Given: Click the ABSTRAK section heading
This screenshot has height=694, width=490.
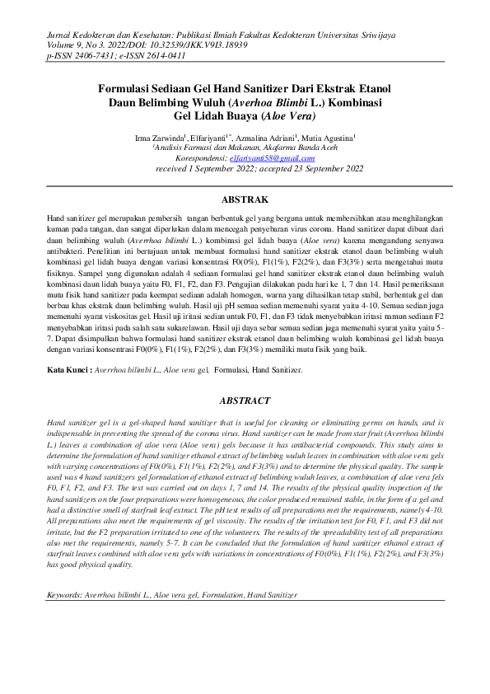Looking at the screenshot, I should [246, 200].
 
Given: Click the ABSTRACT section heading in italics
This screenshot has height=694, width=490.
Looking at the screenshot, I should [245, 401].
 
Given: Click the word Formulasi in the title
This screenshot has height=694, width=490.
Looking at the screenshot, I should [128, 87].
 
